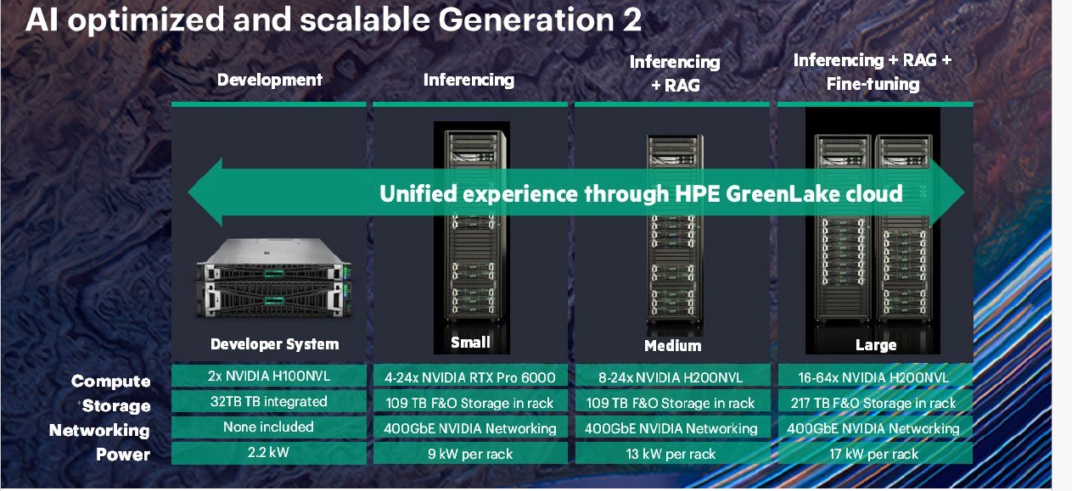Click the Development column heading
click(269, 80)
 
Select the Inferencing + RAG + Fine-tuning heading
click(873, 72)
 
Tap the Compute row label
click(110, 381)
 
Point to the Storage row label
click(115, 406)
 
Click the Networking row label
click(99, 430)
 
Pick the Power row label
click(123, 455)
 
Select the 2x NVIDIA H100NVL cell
click(269, 376)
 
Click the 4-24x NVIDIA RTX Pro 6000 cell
click(470, 377)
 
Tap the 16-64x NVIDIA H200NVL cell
click(874, 377)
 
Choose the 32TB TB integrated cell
click(269, 402)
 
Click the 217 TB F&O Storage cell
click(874, 403)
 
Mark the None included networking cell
click(269, 427)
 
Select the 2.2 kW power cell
click(269, 452)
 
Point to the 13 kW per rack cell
click(672, 453)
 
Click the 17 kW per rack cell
click(874, 453)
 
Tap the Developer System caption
click(275, 344)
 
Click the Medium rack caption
click(672, 346)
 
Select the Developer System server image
click(274, 278)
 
